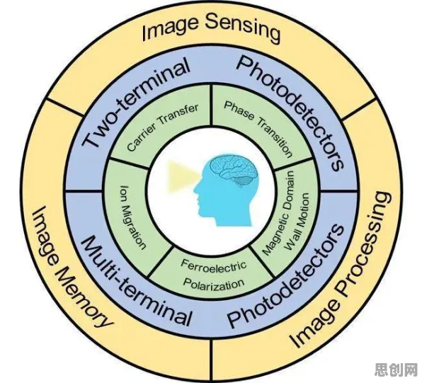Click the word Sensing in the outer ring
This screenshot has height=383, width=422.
click(242, 29)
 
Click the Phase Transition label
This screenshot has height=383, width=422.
click(258, 129)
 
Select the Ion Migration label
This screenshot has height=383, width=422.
click(132, 217)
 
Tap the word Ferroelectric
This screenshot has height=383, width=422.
click(213, 265)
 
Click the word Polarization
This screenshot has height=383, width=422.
click(214, 283)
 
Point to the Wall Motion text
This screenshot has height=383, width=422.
click(297, 222)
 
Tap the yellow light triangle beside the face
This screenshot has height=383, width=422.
click(181, 176)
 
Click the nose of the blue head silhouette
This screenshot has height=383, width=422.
click(195, 188)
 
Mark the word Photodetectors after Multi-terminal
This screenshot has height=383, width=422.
click(287, 275)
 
